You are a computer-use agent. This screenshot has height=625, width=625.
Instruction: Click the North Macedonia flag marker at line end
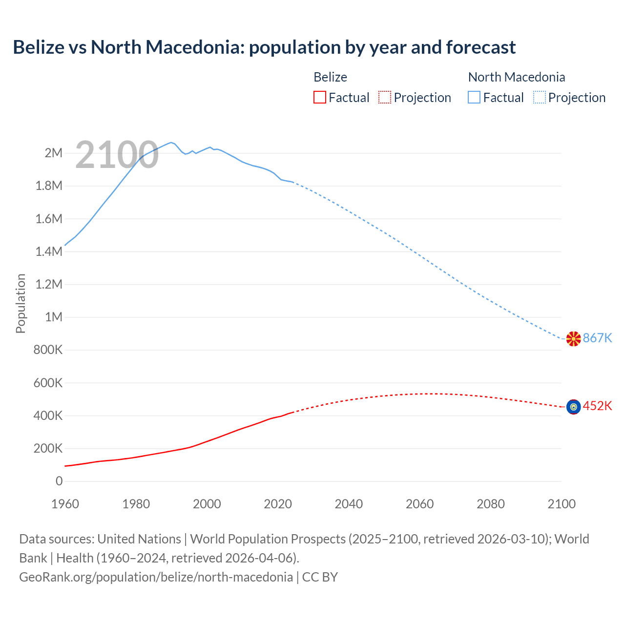pyautogui.click(x=573, y=338)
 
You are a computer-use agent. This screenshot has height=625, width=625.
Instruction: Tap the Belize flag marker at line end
pyautogui.click(x=573, y=407)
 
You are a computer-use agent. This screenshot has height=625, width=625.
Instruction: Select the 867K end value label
pyautogui.click(x=597, y=338)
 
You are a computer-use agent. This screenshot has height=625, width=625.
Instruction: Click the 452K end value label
pyautogui.click(x=597, y=406)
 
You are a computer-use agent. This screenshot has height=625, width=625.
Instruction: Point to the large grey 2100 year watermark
pyautogui.click(x=117, y=155)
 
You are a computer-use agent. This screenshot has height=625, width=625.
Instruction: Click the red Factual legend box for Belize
pyautogui.click(x=319, y=97)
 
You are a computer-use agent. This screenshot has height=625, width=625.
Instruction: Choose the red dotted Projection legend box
pyautogui.click(x=385, y=97)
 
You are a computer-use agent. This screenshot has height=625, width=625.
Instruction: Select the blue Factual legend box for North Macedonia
pyautogui.click(x=474, y=97)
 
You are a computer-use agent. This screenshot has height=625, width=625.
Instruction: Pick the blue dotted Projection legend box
pyautogui.click(x=540, y=97)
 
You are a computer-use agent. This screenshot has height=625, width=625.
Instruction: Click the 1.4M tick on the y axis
pyautogui.click(x=49, y=251)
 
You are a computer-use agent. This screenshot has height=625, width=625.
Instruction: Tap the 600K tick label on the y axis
pyautogui.click(x=48, y=383)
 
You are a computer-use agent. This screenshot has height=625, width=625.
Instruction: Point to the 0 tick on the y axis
pyautogui.click(x=59, y=481)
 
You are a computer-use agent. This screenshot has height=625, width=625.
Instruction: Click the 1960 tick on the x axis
pyautogui.click(x=65, y=504)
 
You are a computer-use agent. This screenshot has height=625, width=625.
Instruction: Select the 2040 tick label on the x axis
pyautogui.click(x=349, y=504)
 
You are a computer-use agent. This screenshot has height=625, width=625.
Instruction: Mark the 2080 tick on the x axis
pyautogui.click(x=490, y=504)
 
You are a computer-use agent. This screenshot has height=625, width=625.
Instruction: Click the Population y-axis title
pyautogui.click(x=21, y=303)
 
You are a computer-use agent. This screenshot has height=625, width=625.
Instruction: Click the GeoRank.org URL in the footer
pyautogui.click(x=156, y=577)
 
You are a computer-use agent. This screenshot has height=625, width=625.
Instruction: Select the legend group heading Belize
pyautogui.click(x=330, y=77)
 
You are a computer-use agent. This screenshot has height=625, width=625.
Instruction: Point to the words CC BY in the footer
pyautogui.click(x=320, y=577)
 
